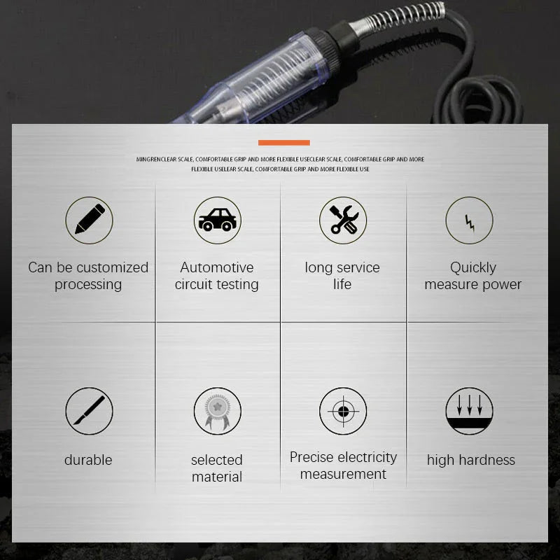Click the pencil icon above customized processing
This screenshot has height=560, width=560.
pyautogui.click(x=89, y=220)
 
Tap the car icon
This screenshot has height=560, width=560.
pyautogui.click(x=217, y=220)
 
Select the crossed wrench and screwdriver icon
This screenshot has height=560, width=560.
pyautogui.click(x=343, y=220)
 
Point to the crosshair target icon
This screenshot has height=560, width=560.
pyautogui.click(x=343, y=411)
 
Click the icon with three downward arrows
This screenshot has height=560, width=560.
pyautogui.click(x=469, y=411)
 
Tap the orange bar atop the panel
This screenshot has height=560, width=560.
pyautogui.click(x=283, y=143)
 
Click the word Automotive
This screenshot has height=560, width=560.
pyautogui.click(x=217, y=267)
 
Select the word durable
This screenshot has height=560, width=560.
pyautogui.click(x=88, y=460)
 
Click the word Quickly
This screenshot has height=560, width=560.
pyautogui.click(x=473, y=267)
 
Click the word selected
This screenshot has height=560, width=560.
pyautogui.click(x=217, y=460)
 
